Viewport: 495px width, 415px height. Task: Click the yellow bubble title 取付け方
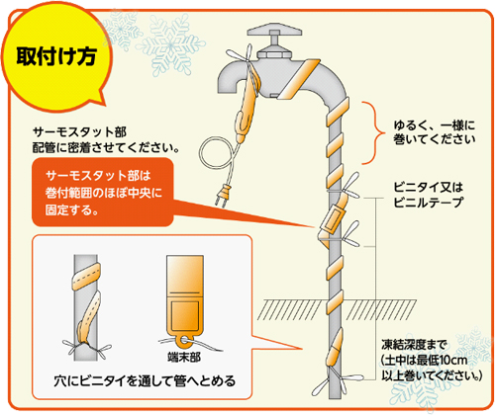coord(56,56)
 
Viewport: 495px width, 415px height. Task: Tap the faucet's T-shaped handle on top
coord(274,33)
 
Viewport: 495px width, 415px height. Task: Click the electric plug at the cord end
coord(223,197)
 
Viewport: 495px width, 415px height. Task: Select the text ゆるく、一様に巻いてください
coord(435,132)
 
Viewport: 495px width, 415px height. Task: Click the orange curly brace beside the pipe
coord(373,132)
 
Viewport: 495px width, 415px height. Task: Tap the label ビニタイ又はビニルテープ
coord(429,195)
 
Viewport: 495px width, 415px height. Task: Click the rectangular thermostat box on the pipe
coord(333,219)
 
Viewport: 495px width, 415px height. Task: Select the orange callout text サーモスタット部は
coord(98,175)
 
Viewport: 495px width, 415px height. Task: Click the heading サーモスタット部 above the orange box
coord(79,132)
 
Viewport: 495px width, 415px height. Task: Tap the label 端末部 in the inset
coord(184,358)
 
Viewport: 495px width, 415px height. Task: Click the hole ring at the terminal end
coord(185,341)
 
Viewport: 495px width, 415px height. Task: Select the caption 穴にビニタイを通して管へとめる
coord(145,381)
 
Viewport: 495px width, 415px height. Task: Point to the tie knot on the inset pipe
coord(86,348)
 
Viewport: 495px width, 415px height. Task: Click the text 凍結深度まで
coord(414,345)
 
